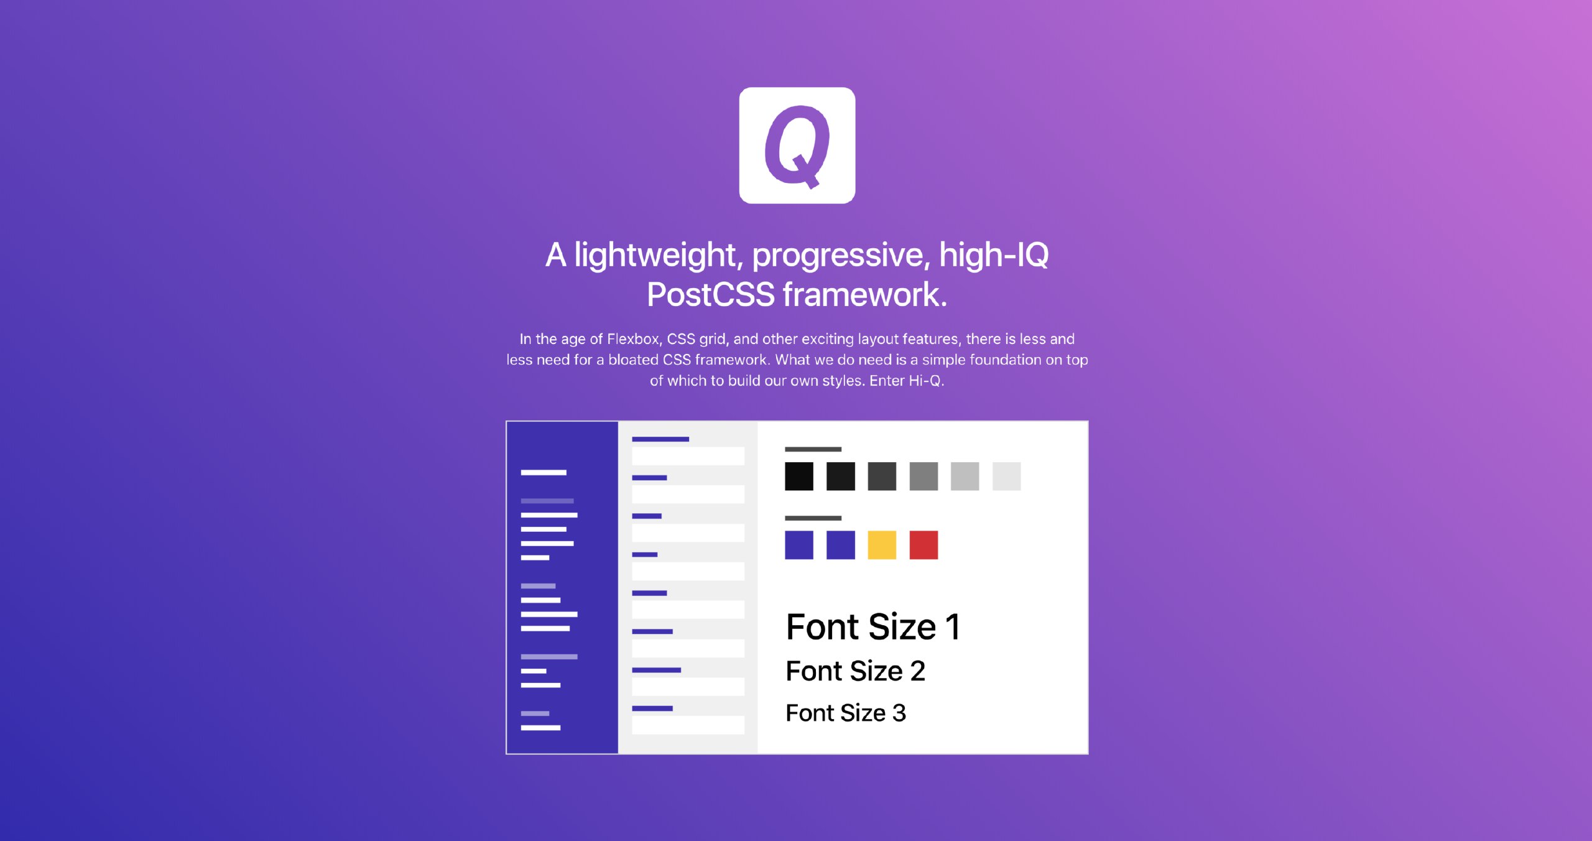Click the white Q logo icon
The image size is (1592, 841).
[797, 145]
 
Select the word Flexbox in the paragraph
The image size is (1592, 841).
[633, 339]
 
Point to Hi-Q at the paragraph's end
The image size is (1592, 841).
[925, 381]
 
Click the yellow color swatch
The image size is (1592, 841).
[882, 545]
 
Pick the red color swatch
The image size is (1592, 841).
[923, 545]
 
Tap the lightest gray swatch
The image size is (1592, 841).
[1006, 476]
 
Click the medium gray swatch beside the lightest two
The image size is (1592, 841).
[923, 476]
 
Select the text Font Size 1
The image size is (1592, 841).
[873, 626]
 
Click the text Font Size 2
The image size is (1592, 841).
[856, 671]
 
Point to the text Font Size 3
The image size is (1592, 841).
[846, 713]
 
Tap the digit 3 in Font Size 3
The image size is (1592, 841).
[899, 713]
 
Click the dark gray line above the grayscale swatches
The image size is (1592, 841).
[813, 449]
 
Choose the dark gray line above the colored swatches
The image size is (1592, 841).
[813, 518]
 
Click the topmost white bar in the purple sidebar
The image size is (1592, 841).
[544, 473]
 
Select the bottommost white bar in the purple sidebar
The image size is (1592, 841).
[540, 728]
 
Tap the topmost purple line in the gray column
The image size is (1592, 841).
[660, 439]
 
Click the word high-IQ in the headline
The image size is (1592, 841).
[994, 256]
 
